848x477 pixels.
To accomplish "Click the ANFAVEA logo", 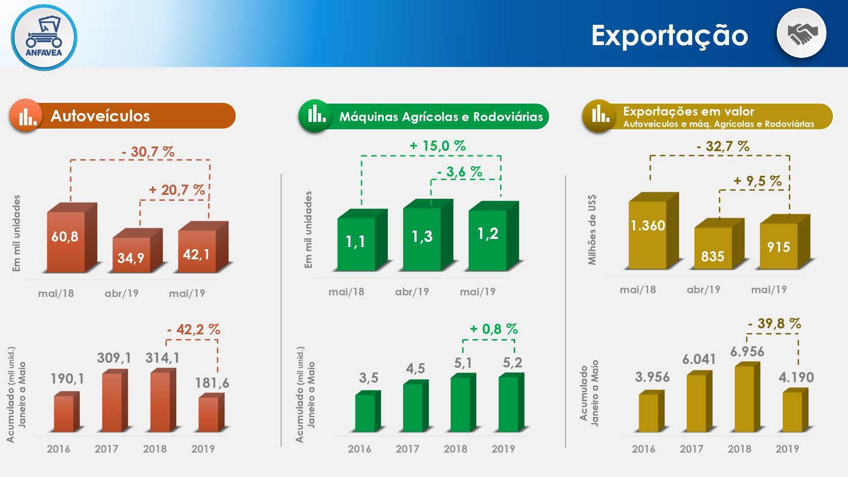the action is point(44,37).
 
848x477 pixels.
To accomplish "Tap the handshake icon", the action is point(802,34).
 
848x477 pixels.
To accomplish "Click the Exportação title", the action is point(670,36).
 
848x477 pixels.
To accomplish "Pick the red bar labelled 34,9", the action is point(137,250).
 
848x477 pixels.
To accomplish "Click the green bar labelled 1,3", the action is point(428,235).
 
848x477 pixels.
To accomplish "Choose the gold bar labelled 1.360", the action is point(654,231).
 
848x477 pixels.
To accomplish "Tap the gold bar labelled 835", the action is point(719,243).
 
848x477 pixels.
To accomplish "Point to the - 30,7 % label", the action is point(148,152).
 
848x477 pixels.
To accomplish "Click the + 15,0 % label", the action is point(438,146).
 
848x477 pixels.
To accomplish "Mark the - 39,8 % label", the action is point(775,323).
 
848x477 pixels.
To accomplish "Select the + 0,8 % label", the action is point(494,329).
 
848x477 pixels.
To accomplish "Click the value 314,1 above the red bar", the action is point(163,358).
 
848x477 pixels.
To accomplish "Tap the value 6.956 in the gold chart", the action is point(747,352).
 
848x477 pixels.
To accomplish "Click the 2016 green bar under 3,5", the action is point(368,411).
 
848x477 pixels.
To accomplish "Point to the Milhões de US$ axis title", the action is point(592,230).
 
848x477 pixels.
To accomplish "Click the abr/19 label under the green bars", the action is point(412,291).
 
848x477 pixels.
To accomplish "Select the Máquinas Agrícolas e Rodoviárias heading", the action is point(441,117).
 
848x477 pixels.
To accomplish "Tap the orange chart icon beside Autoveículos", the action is point(26,115).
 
